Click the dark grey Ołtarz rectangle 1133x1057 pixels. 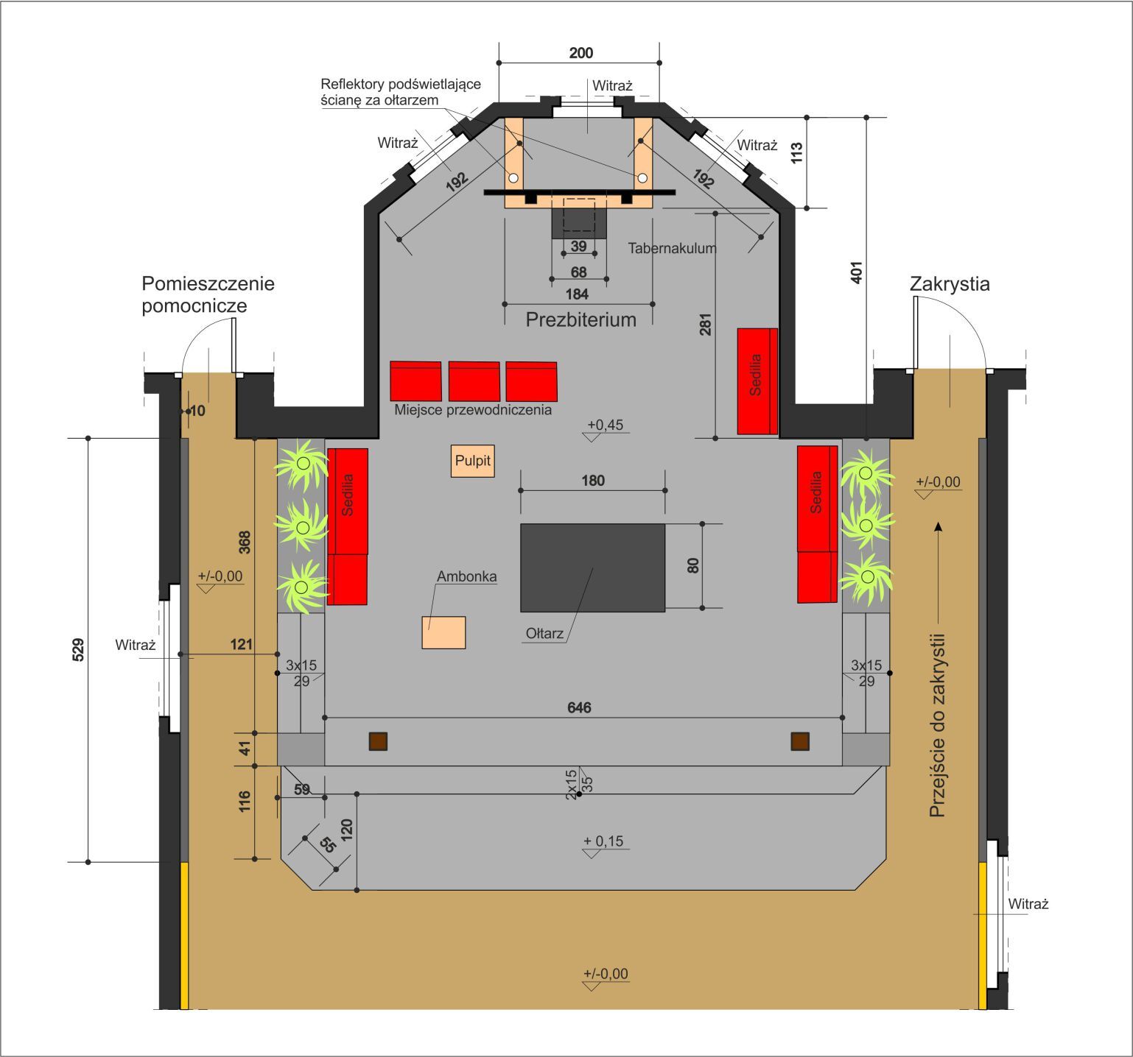pos(592,567)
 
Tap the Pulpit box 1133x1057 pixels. pos(472,461)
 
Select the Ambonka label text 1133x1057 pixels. pos(466,576)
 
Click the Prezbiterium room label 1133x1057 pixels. pos(580,319)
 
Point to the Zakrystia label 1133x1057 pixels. pos(950,283)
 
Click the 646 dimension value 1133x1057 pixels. pos(579,707)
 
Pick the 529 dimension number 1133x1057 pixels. pos(79,649)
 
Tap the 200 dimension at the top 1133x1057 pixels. pos(580,53)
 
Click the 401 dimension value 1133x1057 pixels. pos(856,272)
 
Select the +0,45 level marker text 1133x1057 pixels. pos(605,425)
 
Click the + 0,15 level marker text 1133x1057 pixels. pos(603,841)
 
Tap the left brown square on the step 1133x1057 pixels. pos(378,741)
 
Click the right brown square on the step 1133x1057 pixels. pos(800,741)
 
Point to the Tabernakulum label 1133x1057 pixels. pos(672,248)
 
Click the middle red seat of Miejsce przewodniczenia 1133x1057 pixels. pos(474,381)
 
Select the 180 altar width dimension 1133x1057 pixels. pos(592,481)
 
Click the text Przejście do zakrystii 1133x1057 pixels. pos(937,725)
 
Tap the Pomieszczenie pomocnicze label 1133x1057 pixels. pos(208,294)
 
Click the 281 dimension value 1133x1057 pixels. pos(706,325)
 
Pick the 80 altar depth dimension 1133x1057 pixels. pos(692,565)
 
